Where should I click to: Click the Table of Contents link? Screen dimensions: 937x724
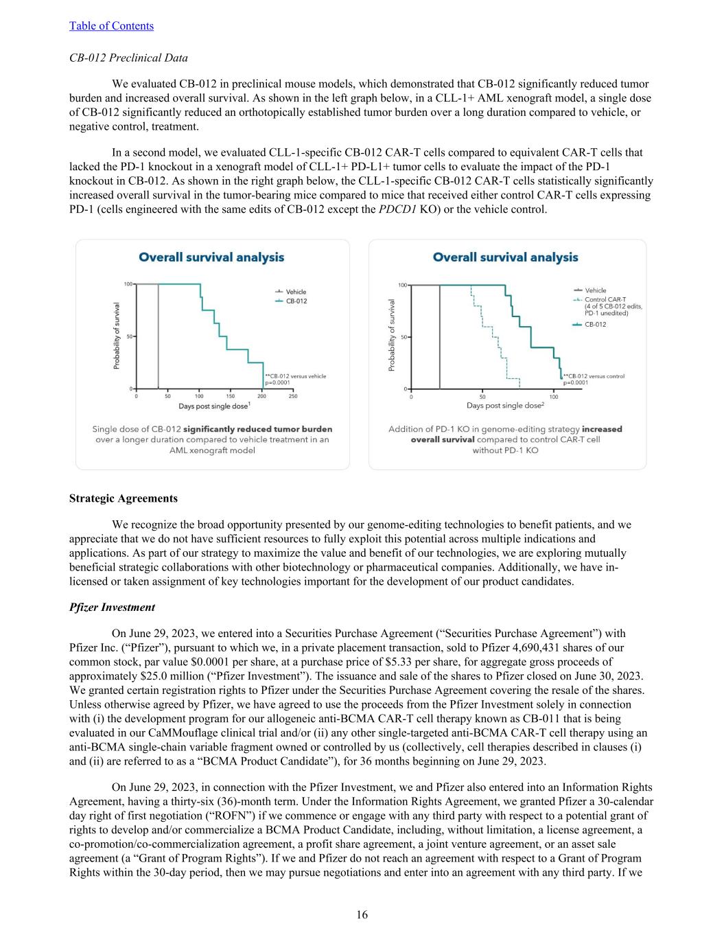coord(111,26)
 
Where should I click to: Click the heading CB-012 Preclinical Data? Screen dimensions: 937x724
coord(128,58)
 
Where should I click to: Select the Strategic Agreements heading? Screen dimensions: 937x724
coord(124,498)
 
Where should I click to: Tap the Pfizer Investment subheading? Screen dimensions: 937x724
coord(112,607)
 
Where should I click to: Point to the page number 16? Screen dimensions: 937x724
coord(362,914)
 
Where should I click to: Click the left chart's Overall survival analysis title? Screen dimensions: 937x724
coord(211,257)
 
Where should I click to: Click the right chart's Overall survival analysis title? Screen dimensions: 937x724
coord(505,257)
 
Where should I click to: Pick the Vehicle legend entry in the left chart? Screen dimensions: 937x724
coord(296,292)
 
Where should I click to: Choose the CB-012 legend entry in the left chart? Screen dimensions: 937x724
coord(296,301)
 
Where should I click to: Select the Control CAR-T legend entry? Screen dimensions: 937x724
coord(605,299)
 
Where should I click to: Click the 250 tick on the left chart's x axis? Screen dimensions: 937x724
coord(293,396)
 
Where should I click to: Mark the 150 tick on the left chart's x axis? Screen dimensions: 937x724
coord(231,396)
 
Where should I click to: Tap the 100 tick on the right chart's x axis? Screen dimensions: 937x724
coord(554,397)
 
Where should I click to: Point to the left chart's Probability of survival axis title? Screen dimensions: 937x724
coord(117,336)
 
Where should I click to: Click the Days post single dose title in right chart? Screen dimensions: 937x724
coord(505,406)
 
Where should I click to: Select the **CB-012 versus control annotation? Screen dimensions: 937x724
coord(594,376)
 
